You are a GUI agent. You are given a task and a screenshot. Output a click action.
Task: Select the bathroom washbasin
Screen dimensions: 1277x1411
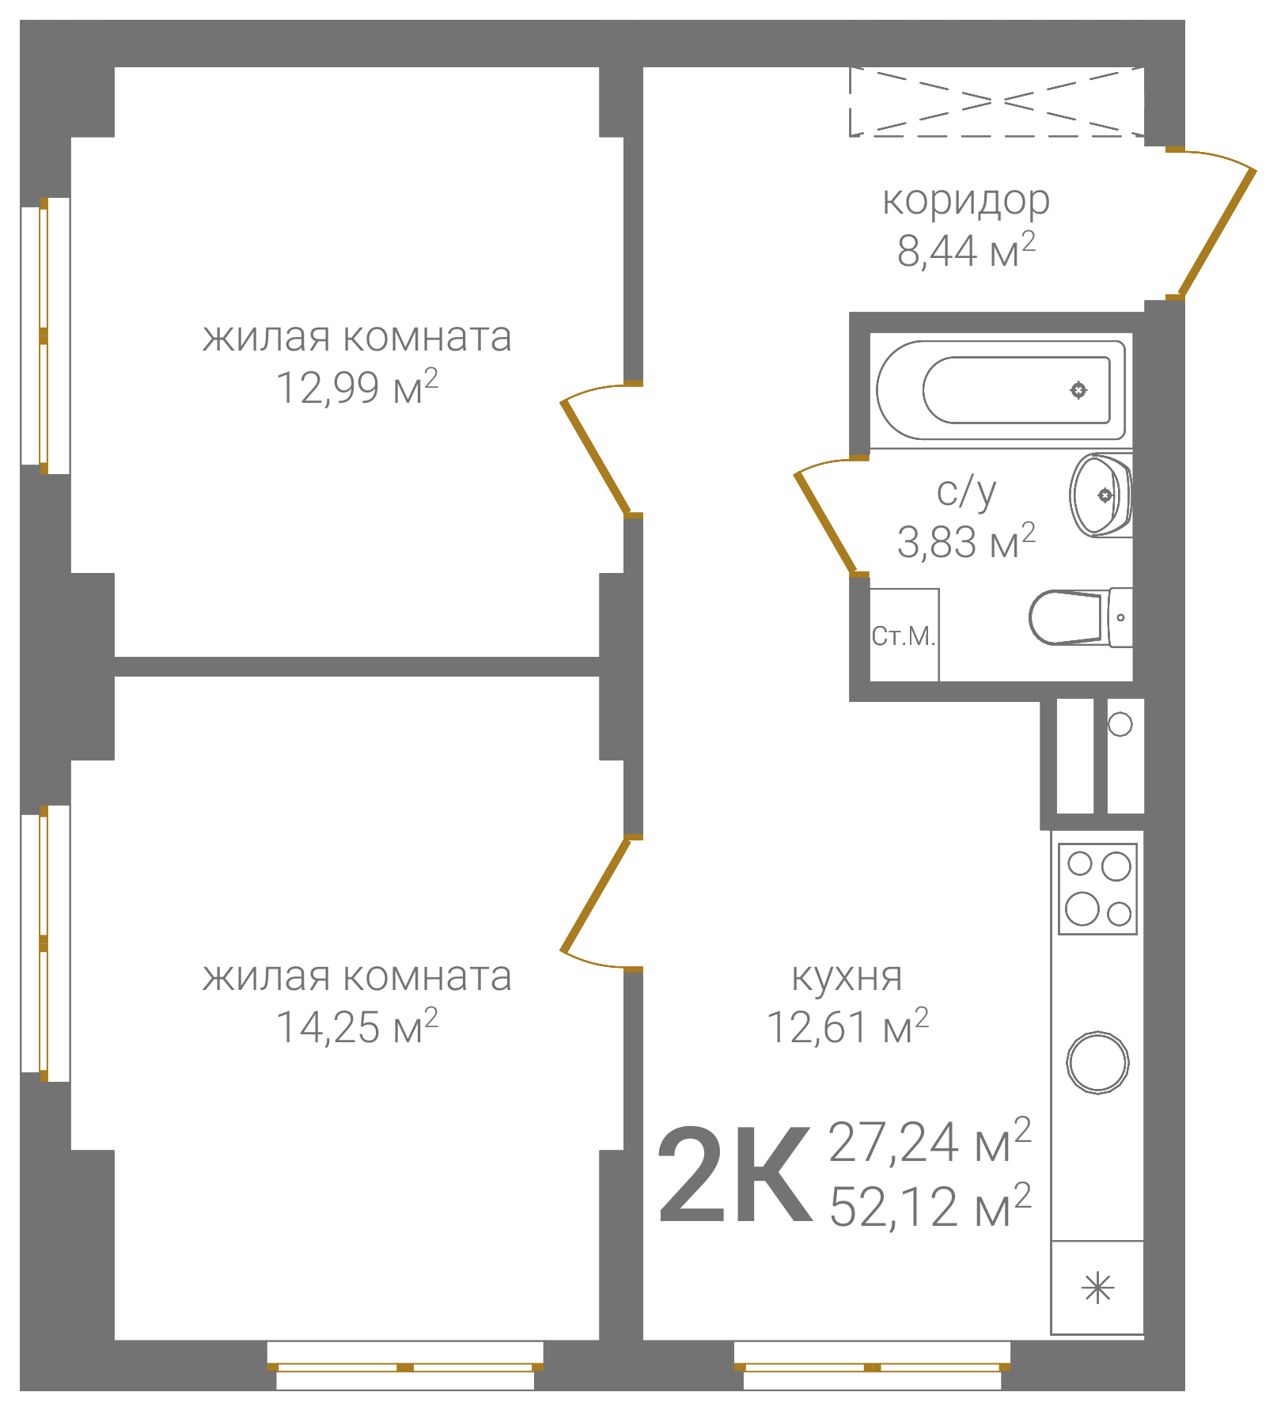click(1101, 495)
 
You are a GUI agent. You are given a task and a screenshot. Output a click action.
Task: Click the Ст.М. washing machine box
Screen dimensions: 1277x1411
click(904, 635)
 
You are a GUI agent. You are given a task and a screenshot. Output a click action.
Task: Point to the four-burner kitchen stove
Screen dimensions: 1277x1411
click(1098, 889)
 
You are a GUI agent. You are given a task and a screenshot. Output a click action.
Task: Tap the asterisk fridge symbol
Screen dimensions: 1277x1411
click(1097, 1289)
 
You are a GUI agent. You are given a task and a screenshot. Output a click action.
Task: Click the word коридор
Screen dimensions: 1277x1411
click(966, 202)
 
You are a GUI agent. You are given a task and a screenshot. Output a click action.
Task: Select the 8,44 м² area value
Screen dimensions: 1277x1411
click(966, 250)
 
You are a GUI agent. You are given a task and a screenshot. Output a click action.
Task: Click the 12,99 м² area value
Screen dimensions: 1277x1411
click(357, 386)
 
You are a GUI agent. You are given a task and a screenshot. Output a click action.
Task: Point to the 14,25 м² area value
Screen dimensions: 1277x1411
click(357, 1026)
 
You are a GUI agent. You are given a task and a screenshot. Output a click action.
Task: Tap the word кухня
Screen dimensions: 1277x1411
click(847, 977)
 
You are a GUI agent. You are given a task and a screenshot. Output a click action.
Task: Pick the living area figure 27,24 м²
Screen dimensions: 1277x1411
click(930, 1141)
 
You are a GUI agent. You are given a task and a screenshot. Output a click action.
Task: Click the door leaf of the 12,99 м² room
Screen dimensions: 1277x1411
click(595, 458)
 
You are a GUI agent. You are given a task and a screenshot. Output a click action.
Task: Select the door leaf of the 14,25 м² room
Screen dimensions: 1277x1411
click(595, 894)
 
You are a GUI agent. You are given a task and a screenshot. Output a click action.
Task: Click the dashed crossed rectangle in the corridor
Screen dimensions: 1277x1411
click(997, 102)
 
